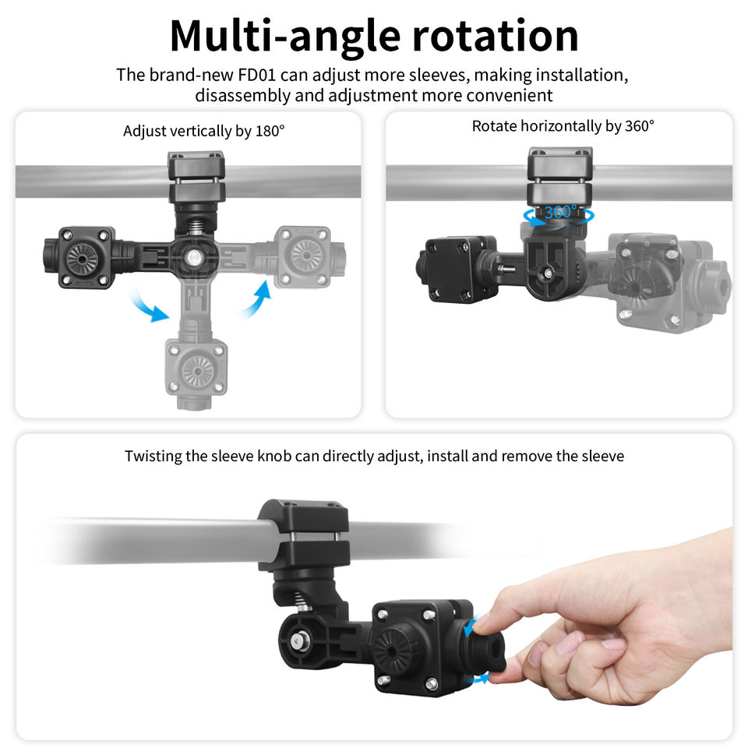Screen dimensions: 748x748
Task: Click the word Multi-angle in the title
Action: tap(285, 37)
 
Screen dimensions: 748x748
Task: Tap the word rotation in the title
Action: tap(496, 37)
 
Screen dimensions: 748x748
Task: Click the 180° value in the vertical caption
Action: tap(270, 131)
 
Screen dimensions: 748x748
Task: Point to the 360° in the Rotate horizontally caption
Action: tap(639, 126)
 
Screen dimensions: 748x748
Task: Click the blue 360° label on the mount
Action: tap(560, 212)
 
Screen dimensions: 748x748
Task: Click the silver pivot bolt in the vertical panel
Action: tap(194, 258)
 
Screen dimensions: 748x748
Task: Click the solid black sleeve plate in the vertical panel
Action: tap(86, 258)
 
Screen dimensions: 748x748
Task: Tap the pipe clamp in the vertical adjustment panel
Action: tap(196, 178)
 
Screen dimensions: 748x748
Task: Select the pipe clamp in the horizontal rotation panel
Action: tap(559, 177)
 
